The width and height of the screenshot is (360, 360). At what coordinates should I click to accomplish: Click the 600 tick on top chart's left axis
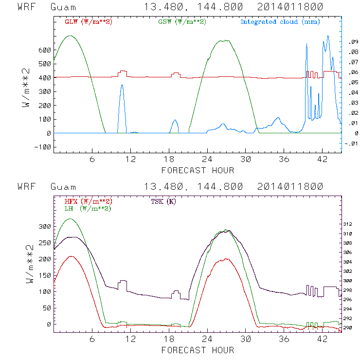(x=45, y=50)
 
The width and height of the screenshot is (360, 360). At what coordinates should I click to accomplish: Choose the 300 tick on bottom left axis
(x=45, y=227)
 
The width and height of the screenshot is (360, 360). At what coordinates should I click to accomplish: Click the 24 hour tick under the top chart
(x=207, y=160)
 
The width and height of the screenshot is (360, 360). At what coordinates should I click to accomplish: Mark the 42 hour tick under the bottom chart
(x=322, y=339)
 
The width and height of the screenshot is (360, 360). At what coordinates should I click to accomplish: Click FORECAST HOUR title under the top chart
(x=198, y=170)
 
